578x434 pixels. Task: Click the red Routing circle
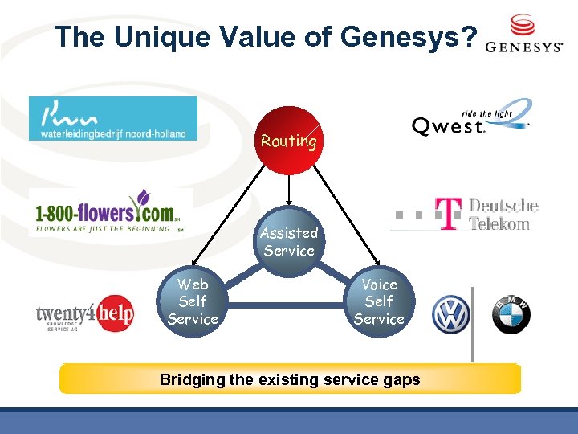289,140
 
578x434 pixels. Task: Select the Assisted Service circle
289,242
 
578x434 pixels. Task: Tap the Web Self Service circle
193,302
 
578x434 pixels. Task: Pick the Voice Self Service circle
379,302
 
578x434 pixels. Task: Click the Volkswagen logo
450,314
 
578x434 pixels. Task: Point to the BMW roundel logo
511,314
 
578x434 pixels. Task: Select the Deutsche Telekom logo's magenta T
449,213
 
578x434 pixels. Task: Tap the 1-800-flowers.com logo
111,213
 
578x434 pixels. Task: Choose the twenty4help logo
84,314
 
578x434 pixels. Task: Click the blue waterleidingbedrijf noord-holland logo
112,118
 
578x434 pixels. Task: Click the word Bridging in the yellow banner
191,379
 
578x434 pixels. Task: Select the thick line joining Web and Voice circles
286,304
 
